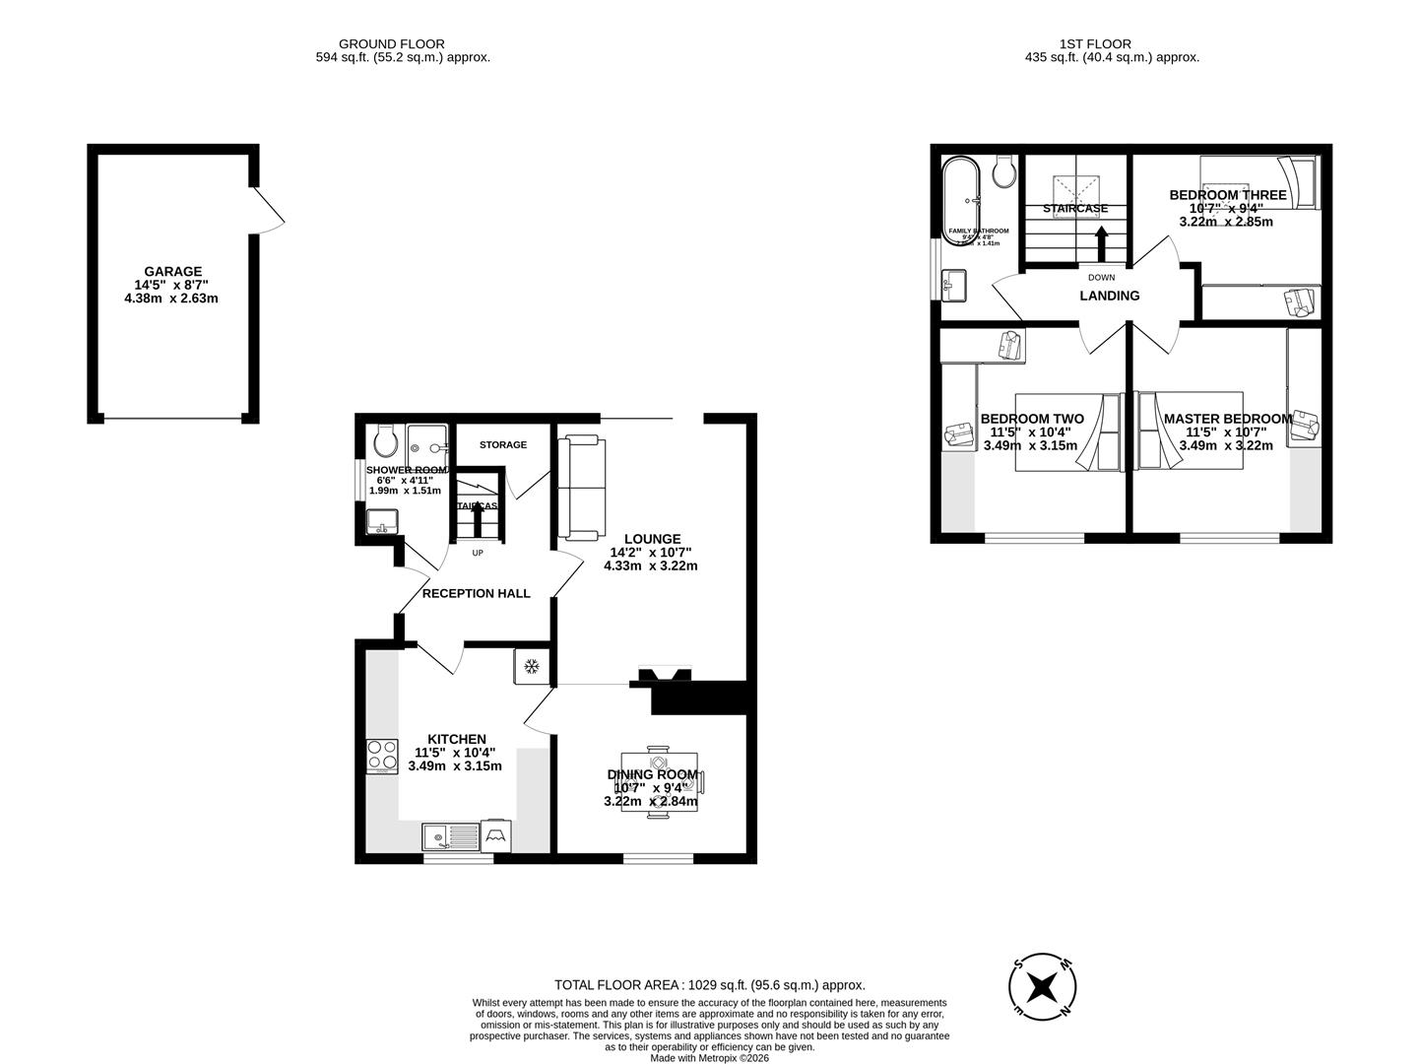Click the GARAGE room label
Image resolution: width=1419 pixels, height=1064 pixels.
(172, 272)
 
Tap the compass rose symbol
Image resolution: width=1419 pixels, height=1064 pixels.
(1043, 986)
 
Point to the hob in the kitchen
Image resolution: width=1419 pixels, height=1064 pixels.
(381, 756)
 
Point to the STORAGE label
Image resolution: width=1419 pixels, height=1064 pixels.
(503, 445)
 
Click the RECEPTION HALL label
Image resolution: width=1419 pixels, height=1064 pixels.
(476, 593)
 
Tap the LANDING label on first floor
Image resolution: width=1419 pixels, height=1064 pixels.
(1110, 296)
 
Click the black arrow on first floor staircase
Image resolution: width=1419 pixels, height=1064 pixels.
(1101, 243)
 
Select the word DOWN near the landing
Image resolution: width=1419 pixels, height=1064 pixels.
(1102, 278)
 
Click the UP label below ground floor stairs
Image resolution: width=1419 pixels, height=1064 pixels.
(478, 553)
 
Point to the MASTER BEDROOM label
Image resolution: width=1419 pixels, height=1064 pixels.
(1227, 419)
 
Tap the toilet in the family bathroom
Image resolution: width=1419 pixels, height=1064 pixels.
(1005, 171)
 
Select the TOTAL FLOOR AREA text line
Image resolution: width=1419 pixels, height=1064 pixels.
(709, 984)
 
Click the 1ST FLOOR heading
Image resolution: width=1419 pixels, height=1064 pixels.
(1095, 43)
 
